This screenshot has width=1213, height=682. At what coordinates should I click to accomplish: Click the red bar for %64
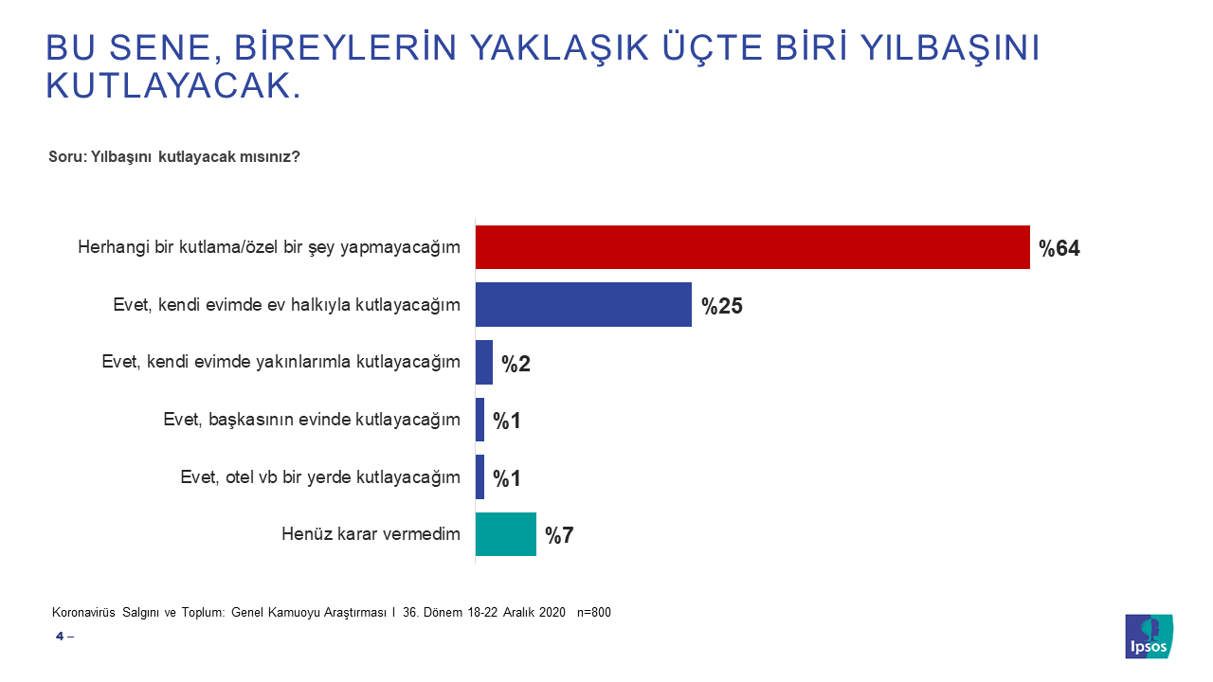point(752,248)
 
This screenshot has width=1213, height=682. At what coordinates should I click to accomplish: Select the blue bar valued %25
point(583,305)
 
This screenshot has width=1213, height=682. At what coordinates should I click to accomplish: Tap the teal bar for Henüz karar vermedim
point(505,534)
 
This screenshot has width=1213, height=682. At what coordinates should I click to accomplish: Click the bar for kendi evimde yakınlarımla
point(483,363)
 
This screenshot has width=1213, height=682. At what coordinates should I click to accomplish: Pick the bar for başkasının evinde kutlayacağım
point(480,420)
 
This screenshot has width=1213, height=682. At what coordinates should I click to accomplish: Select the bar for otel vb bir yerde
point(480,477)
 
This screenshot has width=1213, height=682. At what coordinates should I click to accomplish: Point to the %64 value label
point(1059,249)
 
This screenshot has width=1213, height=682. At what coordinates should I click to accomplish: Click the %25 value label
point(721,306)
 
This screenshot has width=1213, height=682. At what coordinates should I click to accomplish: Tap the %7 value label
point(559,535)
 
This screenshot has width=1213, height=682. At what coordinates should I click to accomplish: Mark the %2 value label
point(516,364)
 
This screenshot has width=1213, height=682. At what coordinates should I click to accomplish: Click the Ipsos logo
point(1149,637)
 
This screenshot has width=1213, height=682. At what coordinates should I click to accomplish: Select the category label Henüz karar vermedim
point(371,534)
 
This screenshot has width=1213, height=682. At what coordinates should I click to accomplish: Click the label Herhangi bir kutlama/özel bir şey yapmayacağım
point(269,248)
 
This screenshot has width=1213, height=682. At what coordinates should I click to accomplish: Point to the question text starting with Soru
point(174,157)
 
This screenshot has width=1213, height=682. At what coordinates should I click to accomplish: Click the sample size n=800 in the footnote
point(593,612)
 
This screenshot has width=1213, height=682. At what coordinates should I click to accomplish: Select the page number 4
point(60,637)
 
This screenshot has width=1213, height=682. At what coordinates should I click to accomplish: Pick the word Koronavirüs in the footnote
point(83,612)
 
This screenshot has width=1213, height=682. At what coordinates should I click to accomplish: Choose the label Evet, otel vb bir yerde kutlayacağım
point(320,477)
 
